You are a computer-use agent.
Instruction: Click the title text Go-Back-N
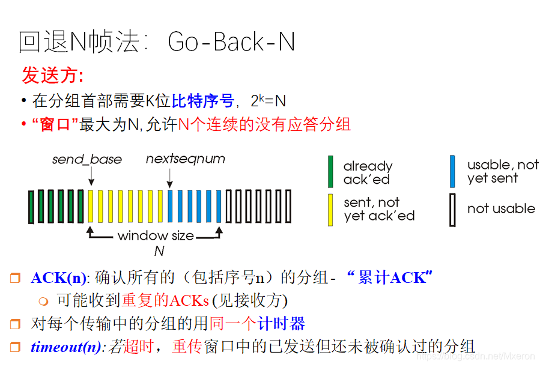click(x=231, y=42)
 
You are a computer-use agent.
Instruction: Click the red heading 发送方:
click(x=52, y=76)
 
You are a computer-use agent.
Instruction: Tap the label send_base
click(x=87, y=159)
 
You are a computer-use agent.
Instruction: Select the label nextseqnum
click(x=186, y=159)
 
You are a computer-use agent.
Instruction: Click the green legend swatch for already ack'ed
click(x=330, y=172)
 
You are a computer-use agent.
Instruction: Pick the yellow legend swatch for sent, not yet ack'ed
click(x=330, y=209)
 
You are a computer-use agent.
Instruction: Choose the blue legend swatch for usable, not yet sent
click(x=453, y=172)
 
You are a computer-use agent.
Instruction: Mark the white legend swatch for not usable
click(x=453, y=209)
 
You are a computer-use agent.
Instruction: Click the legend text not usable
click(x=501, y=209)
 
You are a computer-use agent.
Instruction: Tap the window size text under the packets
click(x=156, y=235)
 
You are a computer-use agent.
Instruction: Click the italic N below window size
click(x=159, y=251)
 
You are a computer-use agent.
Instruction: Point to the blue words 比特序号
click(x=202, y=100)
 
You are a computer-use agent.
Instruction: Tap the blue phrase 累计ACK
click(x=391, y=278)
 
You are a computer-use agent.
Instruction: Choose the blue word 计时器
click(x=281, y=324)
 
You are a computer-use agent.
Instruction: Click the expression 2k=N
click(x=268, y=100)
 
